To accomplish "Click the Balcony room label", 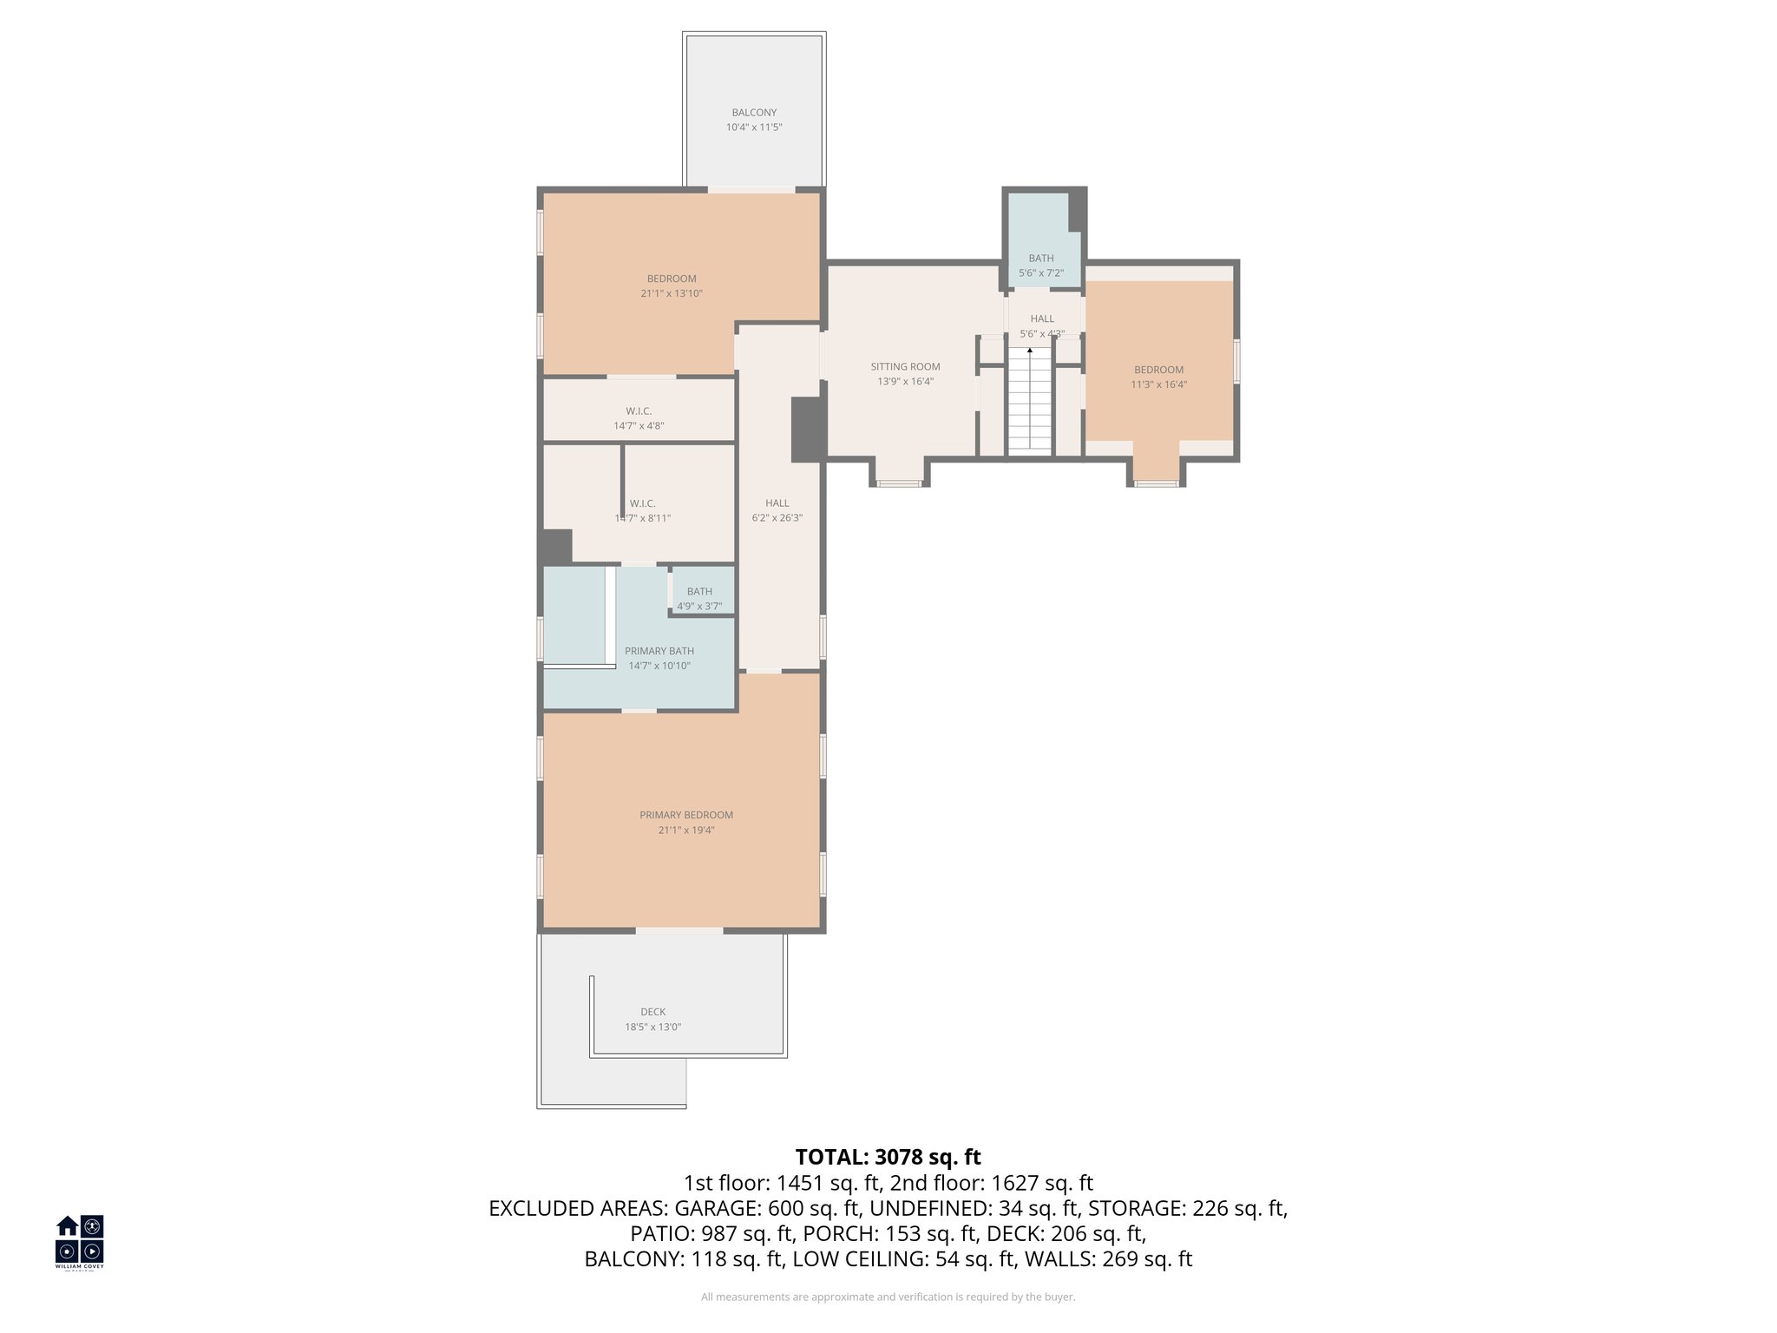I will pos(753,113).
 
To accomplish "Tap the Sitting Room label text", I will pos(905,367).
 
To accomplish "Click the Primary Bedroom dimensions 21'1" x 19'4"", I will pos(685,831).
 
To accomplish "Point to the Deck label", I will pos(652,1012).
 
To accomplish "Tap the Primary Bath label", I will pos(659,651).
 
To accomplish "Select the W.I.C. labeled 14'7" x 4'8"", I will pos(639,418).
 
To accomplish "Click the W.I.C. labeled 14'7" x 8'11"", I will pos(643,510).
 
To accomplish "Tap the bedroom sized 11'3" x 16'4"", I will pos(1158,377).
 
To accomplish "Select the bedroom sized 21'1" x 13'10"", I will pos(671,286).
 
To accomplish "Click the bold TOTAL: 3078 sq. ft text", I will pos(888,1157).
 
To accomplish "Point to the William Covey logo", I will pos(80,1242).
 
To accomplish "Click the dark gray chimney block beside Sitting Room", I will pos(807,429).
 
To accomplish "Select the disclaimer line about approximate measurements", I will pos(888,1297).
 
